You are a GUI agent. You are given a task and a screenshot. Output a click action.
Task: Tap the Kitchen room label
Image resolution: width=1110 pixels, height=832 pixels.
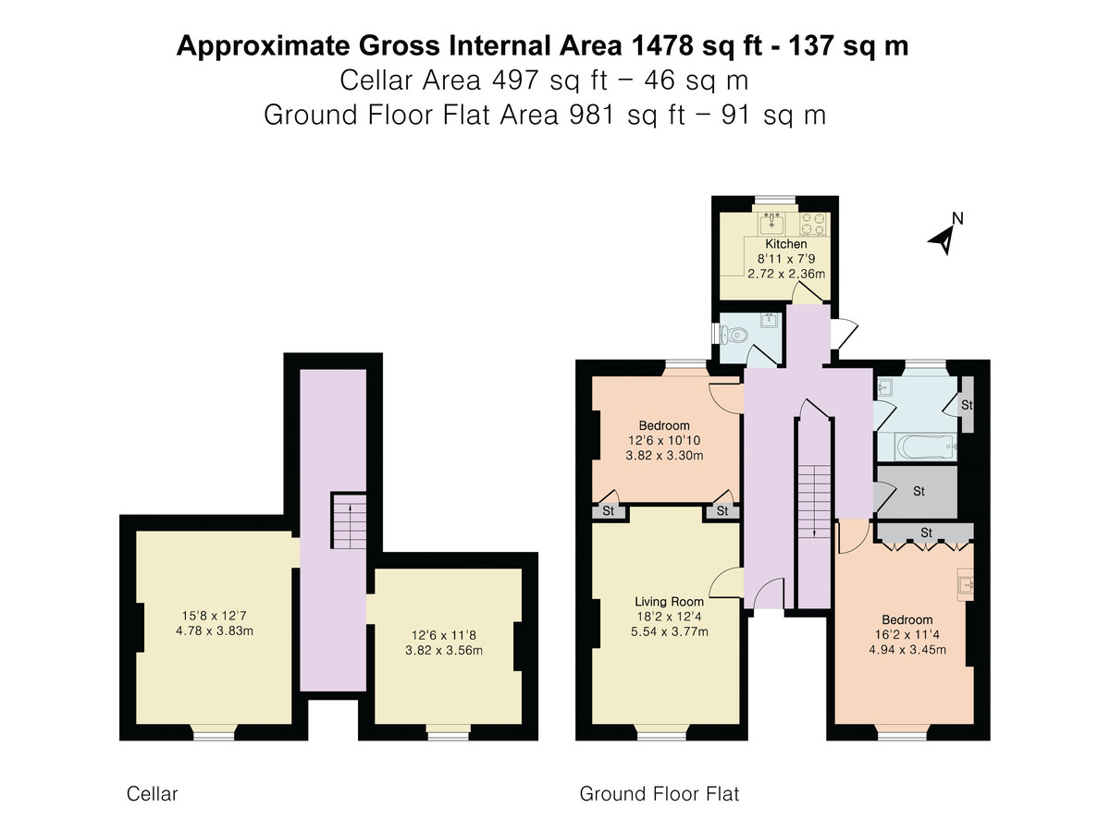coord(786,244)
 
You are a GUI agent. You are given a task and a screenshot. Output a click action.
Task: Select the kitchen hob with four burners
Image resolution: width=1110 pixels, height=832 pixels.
coord(814,225)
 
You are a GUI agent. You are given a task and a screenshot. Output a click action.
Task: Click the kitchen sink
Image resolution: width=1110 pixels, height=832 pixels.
coord(771,224)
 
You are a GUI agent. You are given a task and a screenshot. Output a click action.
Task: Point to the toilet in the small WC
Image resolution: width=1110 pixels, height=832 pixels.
coord(734,334)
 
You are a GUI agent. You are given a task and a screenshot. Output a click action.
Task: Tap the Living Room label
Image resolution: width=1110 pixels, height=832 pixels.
coord(669,602)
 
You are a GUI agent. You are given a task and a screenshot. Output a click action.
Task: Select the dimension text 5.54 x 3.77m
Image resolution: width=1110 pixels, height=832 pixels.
coord(669,631)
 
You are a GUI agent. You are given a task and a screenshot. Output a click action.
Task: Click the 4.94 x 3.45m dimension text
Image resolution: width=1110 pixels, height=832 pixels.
coord(906,650)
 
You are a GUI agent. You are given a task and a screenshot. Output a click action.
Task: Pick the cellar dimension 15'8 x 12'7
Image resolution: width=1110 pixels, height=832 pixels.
coord(214,616)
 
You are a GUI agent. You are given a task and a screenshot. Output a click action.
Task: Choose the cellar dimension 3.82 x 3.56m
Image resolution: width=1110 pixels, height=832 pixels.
coord(443,650)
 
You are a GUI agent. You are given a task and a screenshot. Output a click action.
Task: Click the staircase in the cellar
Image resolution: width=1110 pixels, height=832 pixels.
coord(349,520)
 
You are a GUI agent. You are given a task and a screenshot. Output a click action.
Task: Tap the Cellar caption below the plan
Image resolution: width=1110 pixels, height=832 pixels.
coord(152,794)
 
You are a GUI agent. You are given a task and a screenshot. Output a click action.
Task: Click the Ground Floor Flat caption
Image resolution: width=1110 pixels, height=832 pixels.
coord(659,794)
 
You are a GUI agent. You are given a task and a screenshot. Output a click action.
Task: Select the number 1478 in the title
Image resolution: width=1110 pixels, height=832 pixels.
coord(662,45)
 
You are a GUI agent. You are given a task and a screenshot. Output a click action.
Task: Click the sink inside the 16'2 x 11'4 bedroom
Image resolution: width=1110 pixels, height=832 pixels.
coord(966,585)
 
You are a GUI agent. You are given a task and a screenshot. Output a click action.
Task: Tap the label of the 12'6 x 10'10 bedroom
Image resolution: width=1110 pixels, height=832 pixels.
coord(664,425)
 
